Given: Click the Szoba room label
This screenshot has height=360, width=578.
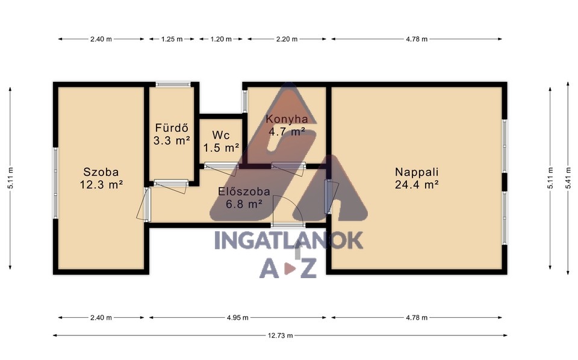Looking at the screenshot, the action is point(101,172).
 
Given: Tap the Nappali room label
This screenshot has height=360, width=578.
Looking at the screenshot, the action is point(417,172).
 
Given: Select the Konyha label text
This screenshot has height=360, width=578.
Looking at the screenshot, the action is point(287,119).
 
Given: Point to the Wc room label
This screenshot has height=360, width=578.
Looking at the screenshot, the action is point(221,135).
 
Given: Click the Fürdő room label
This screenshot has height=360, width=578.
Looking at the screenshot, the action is point(172,128).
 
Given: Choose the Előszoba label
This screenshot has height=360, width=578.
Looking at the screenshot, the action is point(244,191).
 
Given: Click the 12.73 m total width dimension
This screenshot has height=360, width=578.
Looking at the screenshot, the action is point(280,335).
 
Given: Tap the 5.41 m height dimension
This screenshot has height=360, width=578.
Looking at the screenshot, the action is point(568,178).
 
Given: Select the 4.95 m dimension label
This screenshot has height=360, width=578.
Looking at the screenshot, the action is point(238,318).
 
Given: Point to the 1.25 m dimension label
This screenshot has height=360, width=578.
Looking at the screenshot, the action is point(172,39).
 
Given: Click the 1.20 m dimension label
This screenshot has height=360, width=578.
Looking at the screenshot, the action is point(221,39).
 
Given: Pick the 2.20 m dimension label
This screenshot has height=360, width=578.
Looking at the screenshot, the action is point(287,39).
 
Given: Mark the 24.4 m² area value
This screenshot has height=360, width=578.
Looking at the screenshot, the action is point(417,185).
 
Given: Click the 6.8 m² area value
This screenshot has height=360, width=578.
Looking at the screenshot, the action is point(244,203).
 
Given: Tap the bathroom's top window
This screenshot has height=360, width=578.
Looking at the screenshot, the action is point(173,84).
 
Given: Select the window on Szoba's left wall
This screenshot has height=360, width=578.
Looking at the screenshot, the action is point(55,183).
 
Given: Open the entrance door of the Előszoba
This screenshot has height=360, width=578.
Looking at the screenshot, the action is point(288,225).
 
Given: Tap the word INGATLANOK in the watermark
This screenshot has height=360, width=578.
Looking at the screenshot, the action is point(288,240).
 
